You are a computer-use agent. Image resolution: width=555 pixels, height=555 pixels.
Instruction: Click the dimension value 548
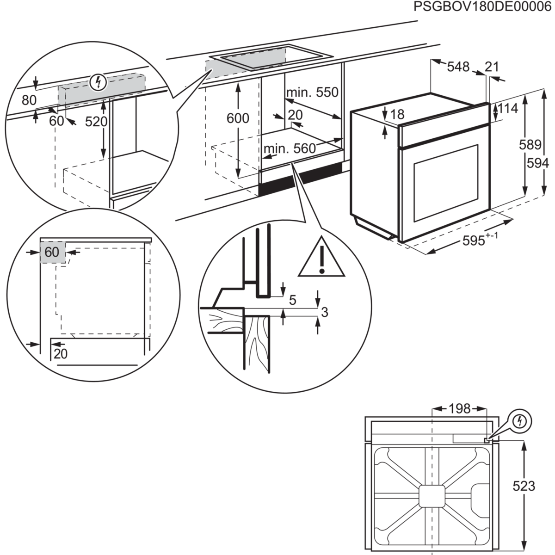pos(458,67)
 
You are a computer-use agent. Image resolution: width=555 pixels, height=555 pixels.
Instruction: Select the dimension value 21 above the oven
pos(492,67)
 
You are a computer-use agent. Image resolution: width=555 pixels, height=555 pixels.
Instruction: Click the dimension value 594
pos(538,163)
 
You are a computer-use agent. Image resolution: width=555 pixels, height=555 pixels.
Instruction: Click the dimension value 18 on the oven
pos(398,114)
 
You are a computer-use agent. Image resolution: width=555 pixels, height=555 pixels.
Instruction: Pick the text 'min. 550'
pos(312,92)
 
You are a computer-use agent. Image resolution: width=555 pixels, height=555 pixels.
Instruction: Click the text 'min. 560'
pos(289,149)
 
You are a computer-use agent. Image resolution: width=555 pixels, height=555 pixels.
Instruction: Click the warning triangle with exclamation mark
pos(322,259)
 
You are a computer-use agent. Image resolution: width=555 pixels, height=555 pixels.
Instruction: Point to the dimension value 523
pos(524,486)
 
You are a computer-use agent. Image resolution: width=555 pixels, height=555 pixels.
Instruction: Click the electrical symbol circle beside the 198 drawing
pos(520,421)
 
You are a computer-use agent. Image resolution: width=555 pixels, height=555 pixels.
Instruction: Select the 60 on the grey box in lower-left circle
pos(52,252)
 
